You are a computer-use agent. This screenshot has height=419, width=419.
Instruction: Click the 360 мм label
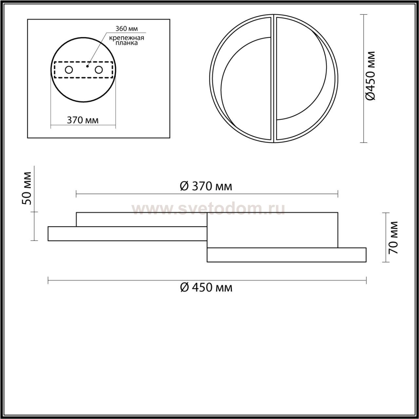pyautogui.click(x=127, y=28)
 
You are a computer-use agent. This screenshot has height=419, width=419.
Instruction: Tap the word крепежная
pyautogui.click(x=127, y=38)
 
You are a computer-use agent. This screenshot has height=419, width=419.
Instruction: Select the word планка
pyautogui.click(x=127, y=43)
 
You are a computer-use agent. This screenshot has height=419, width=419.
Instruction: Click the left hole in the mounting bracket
pyautogui.click(x=69, y=70)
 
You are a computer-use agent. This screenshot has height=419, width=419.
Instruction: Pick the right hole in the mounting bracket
pyautogui.click(x=99, y=70)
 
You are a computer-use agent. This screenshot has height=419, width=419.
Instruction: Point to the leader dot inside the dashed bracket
pyautogui.click(x=87, y=66)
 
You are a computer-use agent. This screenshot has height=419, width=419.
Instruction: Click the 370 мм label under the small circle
pyautogui.click(x=82, y=120)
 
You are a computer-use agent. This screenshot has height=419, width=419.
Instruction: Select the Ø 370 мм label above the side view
pyautogui.click(x=206, y=186)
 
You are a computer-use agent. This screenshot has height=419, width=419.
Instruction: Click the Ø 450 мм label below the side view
pyautogui.click(x=206, y=287)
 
